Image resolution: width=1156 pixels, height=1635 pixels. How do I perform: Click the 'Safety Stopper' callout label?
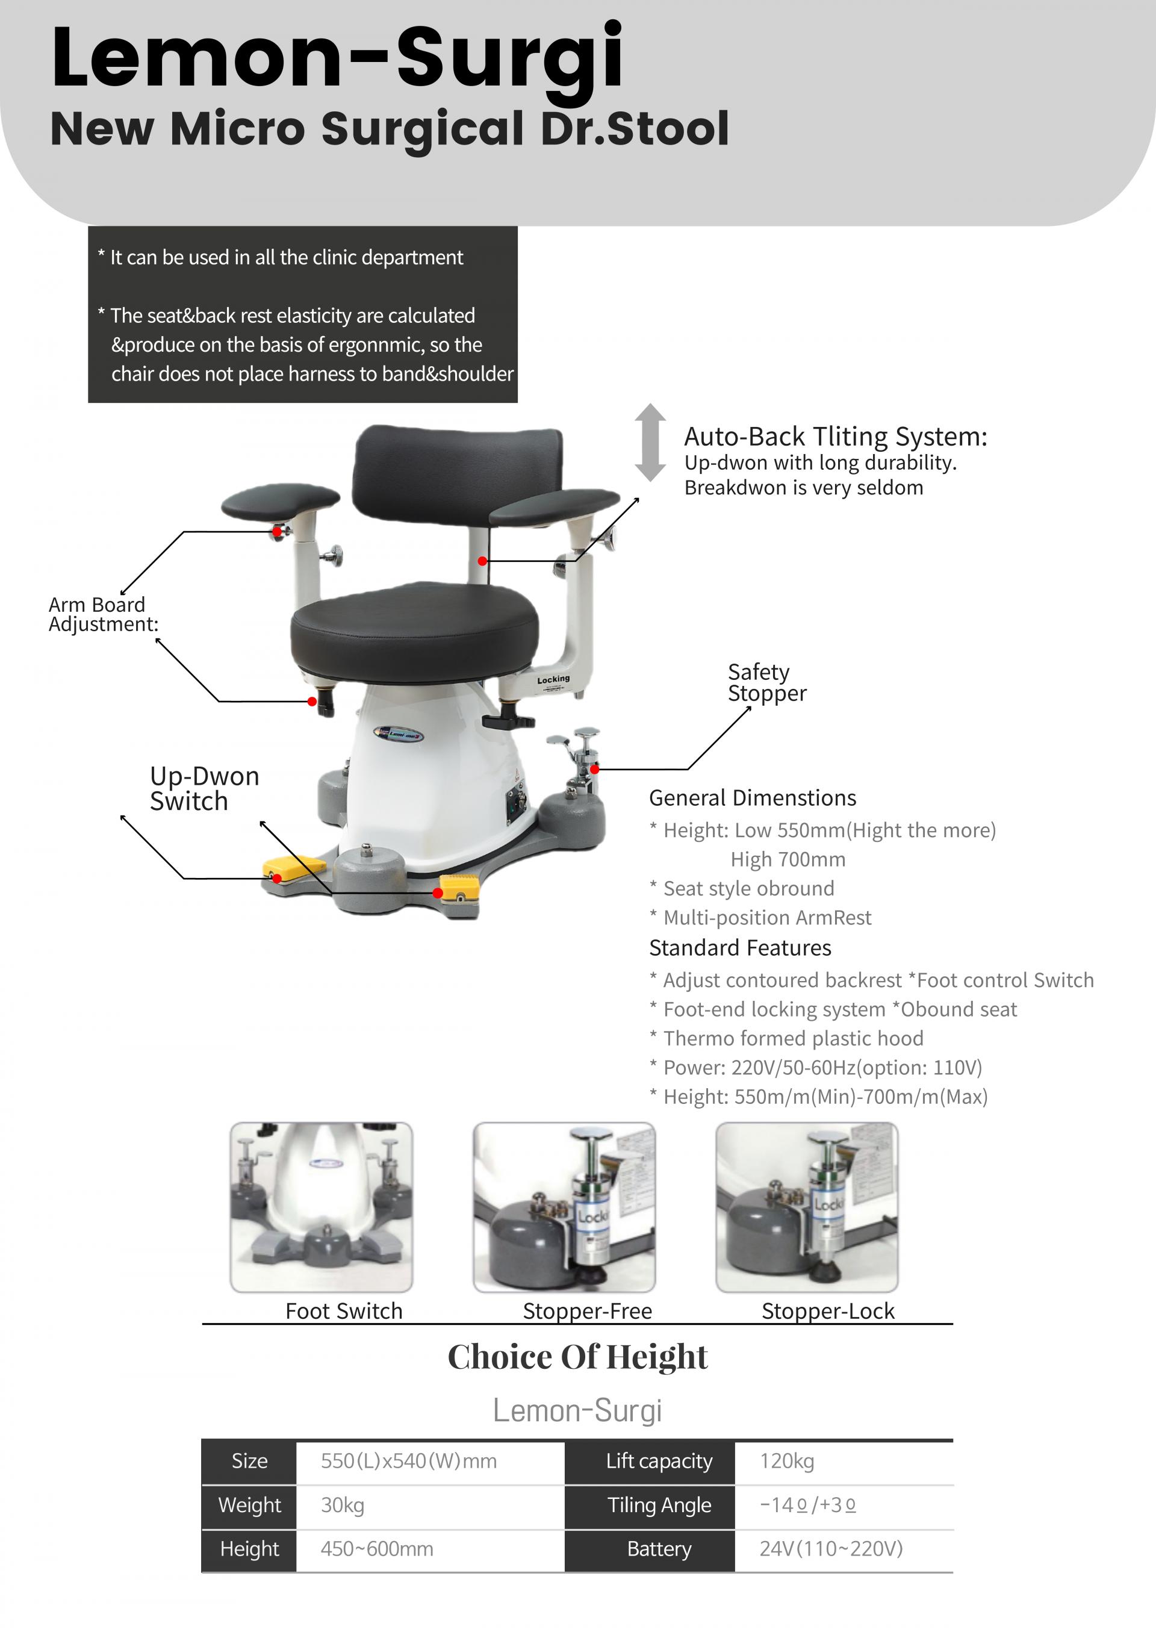click(766, 682)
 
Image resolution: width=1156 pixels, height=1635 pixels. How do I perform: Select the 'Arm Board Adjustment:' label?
click(103, 614)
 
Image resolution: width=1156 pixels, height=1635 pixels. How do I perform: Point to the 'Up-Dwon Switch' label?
click(204, 788)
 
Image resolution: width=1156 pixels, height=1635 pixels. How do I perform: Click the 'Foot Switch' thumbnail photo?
click(321, 1207)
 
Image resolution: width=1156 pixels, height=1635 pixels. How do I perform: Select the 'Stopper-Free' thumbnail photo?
click(564, 1207)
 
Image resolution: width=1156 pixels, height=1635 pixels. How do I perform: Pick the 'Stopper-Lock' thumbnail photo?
click(807, 1207)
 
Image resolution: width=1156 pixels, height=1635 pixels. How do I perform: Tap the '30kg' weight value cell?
click(343, 1506)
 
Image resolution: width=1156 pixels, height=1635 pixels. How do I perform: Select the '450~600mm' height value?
click(376, 1549)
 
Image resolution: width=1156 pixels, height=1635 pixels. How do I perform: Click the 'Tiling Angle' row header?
click(659, 1506)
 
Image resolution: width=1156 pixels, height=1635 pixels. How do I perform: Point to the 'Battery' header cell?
click(659, 1549)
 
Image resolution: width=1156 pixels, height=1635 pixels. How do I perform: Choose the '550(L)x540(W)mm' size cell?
click(409, 1461)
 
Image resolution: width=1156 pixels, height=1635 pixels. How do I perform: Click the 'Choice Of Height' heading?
click(577, 1357)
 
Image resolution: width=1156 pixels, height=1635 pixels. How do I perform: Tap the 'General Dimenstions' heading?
click(753, 797)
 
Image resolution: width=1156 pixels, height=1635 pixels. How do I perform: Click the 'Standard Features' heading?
click(741, 948)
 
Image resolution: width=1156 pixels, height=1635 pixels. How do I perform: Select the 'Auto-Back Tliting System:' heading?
click(836, 437)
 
